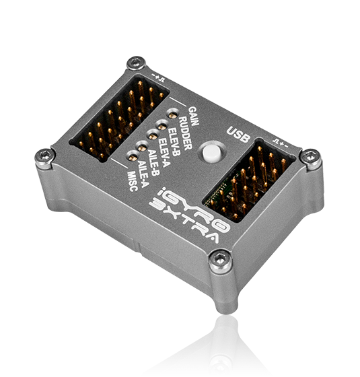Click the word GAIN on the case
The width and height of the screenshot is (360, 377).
tap(194, 116)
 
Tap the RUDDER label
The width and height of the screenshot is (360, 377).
tap(186, 133)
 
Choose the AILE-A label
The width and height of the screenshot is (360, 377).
tap(143, 175)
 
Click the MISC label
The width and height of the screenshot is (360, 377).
tap(133, 181)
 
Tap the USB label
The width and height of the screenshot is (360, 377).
tap(238, 135)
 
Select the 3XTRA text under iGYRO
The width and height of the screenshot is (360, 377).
tap(184, 222)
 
